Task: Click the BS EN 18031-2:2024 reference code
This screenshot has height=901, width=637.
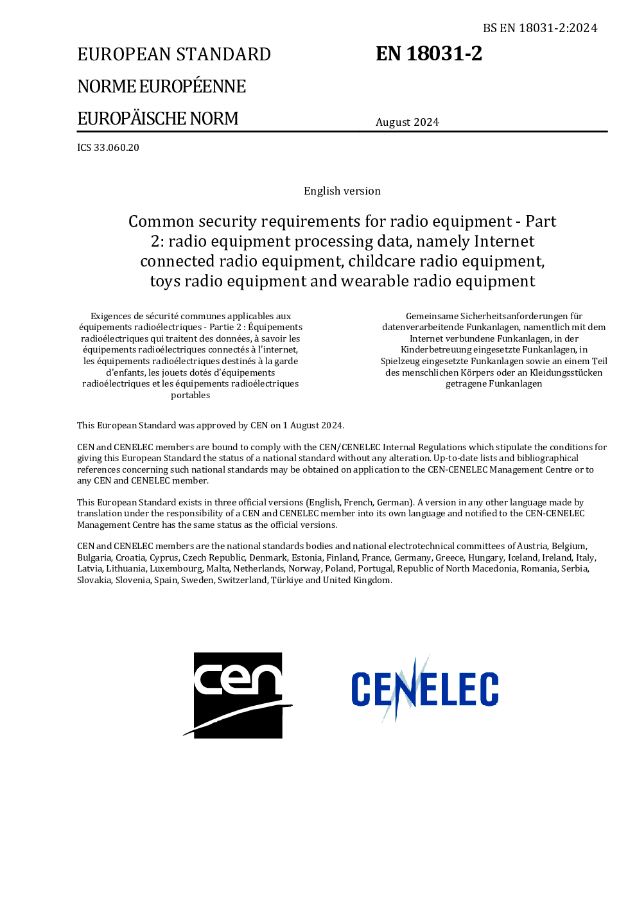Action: click(540, 28)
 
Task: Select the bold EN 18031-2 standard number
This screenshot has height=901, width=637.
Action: click(429, 53)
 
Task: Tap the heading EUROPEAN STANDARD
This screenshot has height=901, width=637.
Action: click(174, 54)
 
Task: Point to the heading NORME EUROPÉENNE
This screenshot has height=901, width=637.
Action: click(162, 86)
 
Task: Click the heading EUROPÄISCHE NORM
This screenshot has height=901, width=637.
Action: click(158, 118)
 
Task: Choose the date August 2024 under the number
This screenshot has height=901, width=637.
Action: click(407, 122)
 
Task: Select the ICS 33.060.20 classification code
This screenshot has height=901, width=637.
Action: click(108, 147)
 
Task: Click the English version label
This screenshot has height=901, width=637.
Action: click(342, 191)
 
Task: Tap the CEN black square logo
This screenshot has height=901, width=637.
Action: click(238, 695)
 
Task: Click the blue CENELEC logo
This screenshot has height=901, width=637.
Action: click(424, 689)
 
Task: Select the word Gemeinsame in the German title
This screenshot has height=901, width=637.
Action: click(432, 316)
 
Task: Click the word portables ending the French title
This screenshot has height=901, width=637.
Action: click(191, 395)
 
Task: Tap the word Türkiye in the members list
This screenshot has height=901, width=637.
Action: click(286, 580)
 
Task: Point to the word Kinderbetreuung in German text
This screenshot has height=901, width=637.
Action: click(436, 349)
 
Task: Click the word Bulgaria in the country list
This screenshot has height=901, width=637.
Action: click(94, 557)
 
